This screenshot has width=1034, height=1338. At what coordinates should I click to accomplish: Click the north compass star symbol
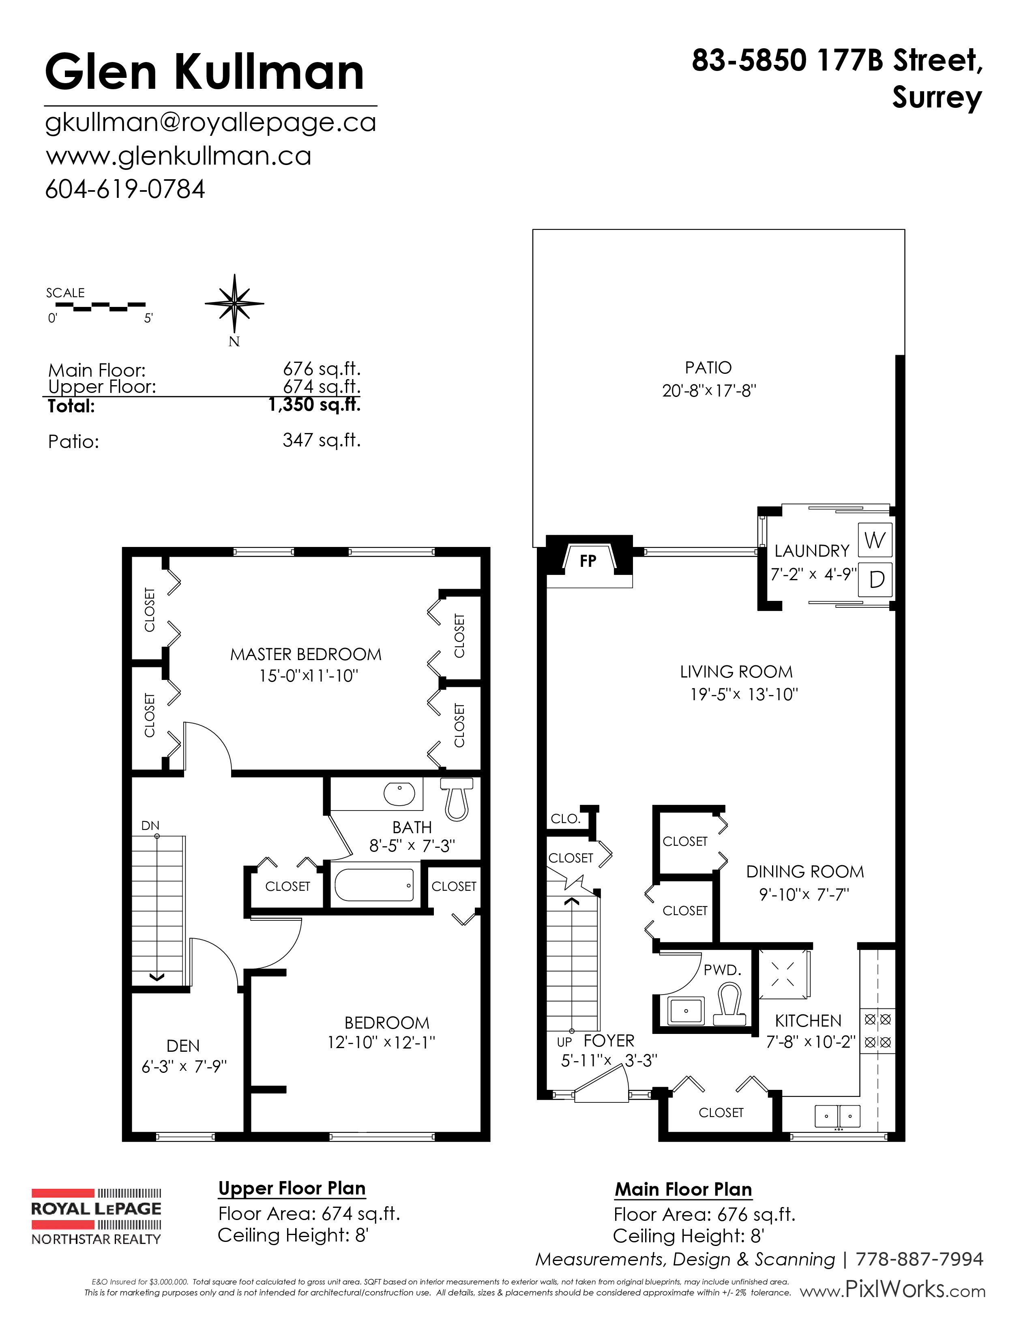234,304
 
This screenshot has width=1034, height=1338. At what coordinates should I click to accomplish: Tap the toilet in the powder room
729,1004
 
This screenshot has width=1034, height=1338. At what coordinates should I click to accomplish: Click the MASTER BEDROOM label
306,654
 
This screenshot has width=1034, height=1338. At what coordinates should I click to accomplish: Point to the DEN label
183,1046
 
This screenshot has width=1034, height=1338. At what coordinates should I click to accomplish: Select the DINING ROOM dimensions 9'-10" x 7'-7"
804,894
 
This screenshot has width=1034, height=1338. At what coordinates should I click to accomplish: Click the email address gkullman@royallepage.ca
211,123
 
